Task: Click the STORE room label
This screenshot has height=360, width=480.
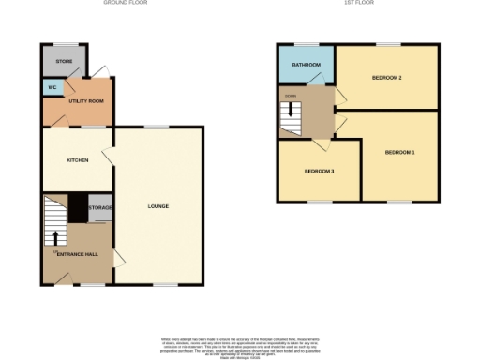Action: click(x=64, y=62)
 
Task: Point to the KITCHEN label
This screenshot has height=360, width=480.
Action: click(x=77, y=160)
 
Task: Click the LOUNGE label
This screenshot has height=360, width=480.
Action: click(x=157, y=205)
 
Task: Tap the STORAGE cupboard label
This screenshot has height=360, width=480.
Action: click(x=101, y=207)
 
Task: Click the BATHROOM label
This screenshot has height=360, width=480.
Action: click(x=306, y=65)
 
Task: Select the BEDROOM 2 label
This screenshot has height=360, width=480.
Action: click(x=387, y=77)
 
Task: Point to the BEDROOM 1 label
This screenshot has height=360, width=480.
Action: click(x=399, y=151)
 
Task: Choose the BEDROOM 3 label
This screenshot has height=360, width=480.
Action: click(x=319, y=171)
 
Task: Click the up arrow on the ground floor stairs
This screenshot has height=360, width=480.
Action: click(x=56, y=237)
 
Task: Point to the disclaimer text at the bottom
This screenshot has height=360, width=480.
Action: click(x=239, y=344)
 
